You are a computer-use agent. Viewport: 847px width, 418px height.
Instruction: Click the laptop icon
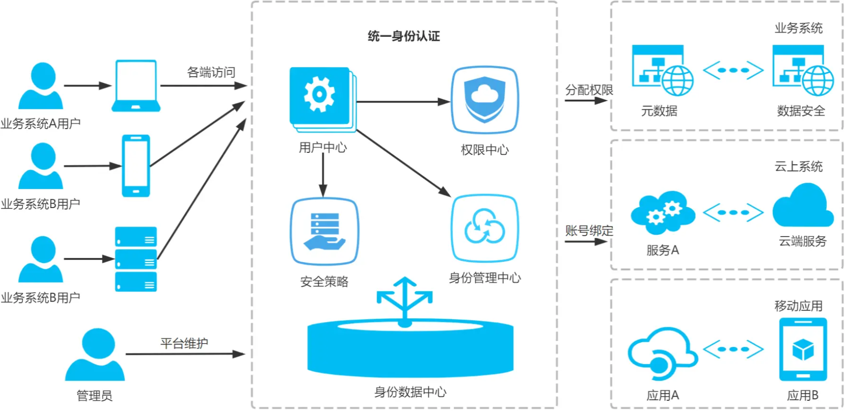click(x=136, y=86)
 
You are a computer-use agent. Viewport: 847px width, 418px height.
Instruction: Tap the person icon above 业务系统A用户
click(x=41, y=86)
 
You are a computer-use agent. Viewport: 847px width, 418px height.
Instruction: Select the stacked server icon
click(x=136, y=259)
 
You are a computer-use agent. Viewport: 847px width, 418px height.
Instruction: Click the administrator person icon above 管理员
click(x=95, y=354)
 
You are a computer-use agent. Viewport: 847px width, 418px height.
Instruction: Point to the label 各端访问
click(x=211, y=72)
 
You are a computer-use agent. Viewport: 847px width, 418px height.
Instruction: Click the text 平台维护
click(x=184, y=343)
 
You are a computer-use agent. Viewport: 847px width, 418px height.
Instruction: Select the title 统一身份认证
click(x=404, y=36)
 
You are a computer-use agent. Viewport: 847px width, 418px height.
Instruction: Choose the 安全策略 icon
click(x=325, y=231)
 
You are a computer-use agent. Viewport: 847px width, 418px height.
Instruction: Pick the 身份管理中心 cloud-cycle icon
click(x=485, y=229)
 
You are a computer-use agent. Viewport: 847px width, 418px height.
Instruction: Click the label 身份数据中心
click(x=410, y=392)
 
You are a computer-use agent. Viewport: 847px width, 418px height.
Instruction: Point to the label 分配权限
click(x=589, y=90)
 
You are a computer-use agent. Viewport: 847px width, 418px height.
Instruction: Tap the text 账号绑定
click(x=589, y=231)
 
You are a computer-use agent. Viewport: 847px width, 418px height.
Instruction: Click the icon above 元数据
click(x=663, y=71)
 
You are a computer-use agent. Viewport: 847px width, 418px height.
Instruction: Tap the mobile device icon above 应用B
click(x=803, y=349)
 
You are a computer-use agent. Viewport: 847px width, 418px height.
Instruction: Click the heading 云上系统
click(x=798, y=166)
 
